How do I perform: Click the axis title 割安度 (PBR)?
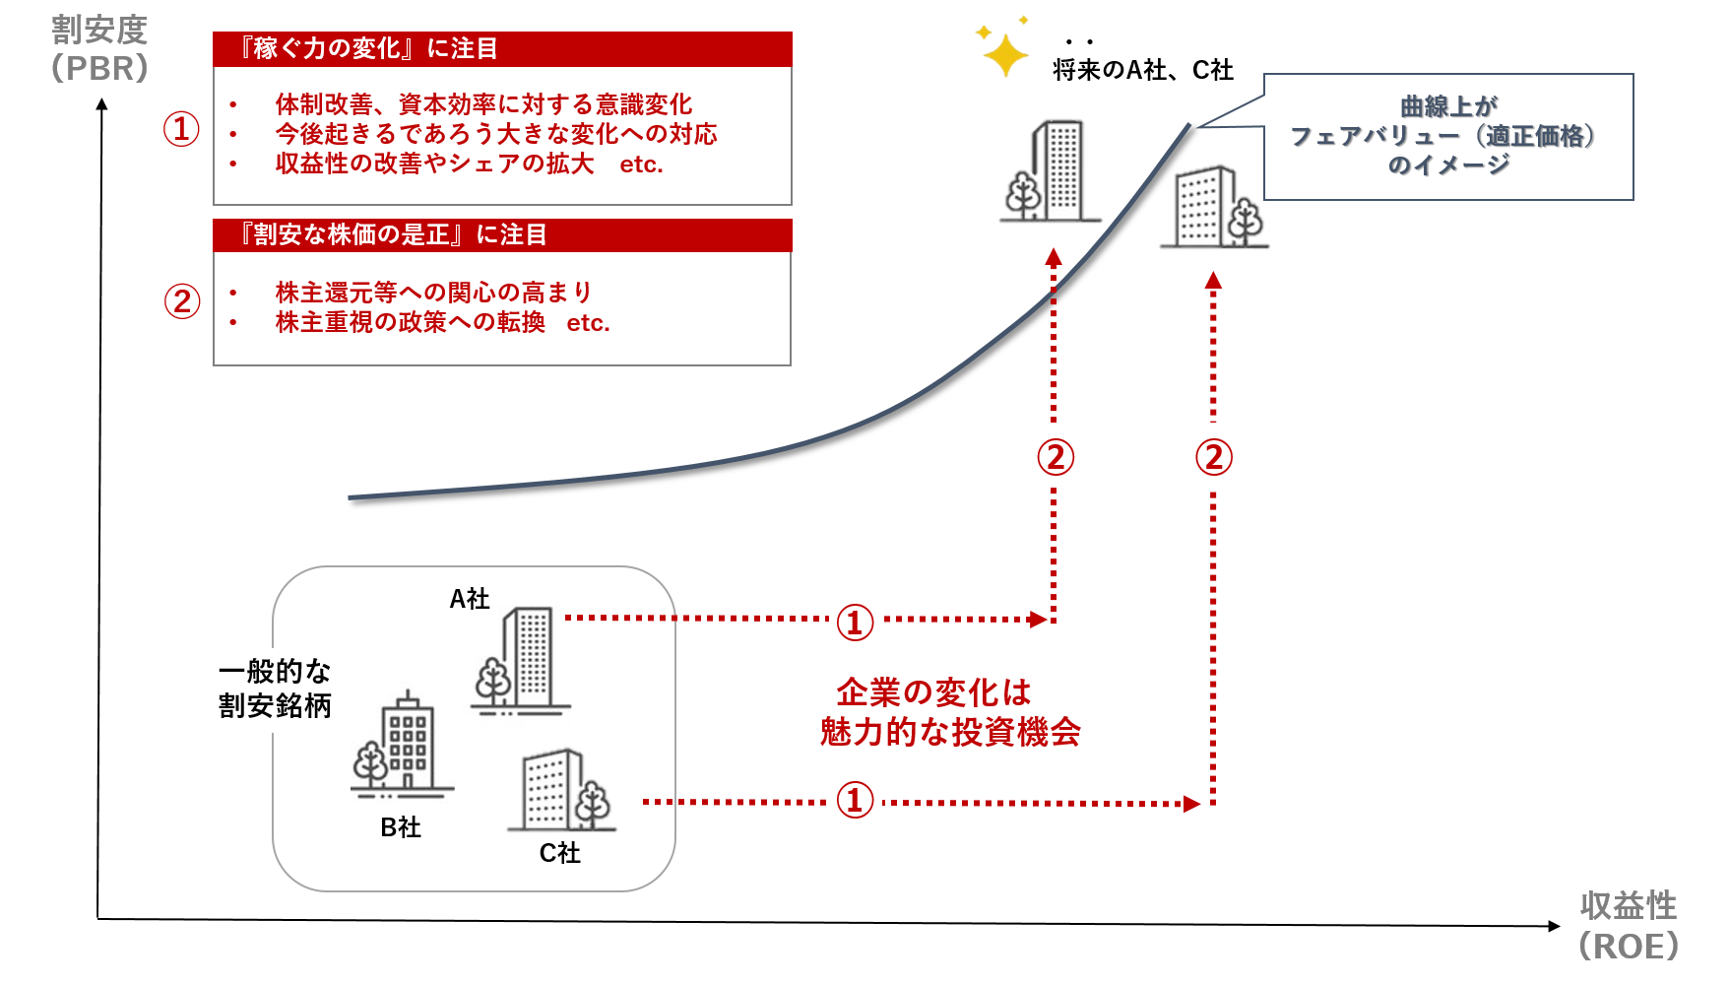[99, 49]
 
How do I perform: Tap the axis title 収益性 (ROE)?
[1628, 926]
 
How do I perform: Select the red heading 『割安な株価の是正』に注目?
[394, 234]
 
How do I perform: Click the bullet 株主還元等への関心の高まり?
[433, 293]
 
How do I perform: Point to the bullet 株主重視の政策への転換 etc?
[443, 322]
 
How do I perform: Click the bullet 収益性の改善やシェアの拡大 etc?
[470, 164]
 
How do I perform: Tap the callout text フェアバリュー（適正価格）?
[1447, 135]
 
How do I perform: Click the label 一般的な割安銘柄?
[275, 689]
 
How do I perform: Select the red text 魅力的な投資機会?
[950, 732]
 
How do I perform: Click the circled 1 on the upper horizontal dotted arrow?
[855, 622]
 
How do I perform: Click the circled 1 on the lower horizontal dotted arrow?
[855, 799]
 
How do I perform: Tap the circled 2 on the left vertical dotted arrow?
[1055, 456]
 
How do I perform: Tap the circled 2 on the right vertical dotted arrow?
[1213, 456]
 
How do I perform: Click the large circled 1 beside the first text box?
[181, 129]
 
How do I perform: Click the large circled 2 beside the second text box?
[182, 301]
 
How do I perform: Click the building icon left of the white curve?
[1050, 171]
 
